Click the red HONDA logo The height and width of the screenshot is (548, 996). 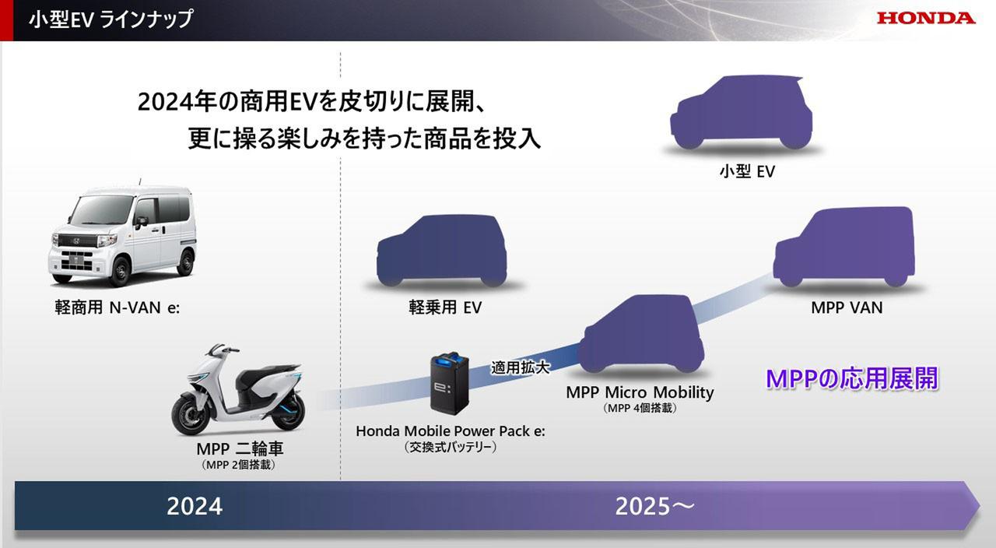tap(926, 18)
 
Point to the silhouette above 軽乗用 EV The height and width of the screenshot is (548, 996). tap(442, 250)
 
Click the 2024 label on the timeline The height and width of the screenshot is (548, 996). tap(195, 507)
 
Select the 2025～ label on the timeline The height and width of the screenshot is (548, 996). tap(654, 507)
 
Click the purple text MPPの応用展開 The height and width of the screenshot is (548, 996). tap(852, 378)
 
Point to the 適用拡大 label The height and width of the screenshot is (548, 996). tap(520, 367)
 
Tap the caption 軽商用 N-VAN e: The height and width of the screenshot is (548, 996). tap(117, 307)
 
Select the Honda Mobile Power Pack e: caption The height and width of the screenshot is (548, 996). tap(451, 431)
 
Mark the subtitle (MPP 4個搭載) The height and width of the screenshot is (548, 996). tap(640, 408)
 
